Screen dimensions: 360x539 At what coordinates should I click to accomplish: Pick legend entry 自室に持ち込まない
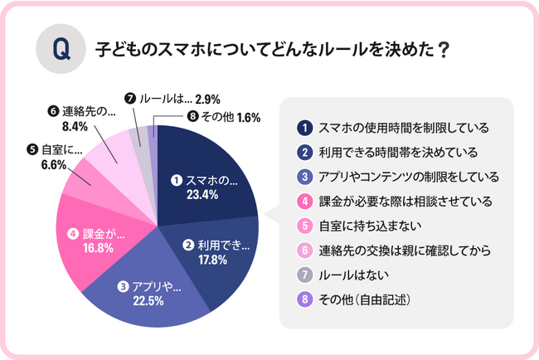tap(365, 224)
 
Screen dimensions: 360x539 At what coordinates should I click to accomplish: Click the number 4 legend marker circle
tap(304, 200)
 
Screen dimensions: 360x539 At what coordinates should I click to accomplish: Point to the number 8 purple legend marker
tap(304, 296)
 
